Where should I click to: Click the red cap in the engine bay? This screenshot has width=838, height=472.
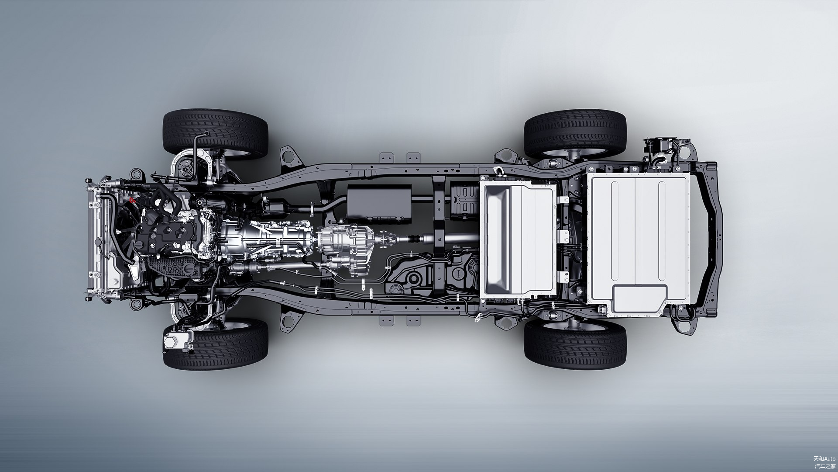pos(132,200)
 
